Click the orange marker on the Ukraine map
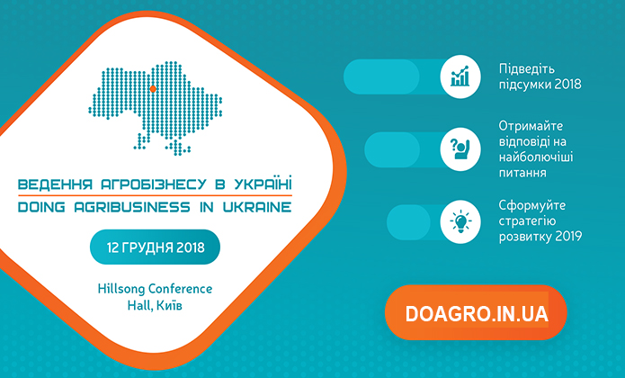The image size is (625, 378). tap(152, 88)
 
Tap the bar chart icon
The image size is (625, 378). tap(460, 76)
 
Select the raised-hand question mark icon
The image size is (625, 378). tap(460, 149)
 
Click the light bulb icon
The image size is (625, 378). tap(460, 221)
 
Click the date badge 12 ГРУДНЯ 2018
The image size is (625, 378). tap(155, 247)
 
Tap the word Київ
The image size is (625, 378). tap(169, 306)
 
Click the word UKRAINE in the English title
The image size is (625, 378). tap(257, 207)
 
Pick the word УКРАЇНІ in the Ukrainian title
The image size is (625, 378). tap(263, 184)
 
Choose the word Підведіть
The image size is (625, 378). tap(527, 69)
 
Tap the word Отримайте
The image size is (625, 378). tap(531, 126)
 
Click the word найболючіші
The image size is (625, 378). tap(536, 157)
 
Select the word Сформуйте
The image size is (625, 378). tap(531, 206)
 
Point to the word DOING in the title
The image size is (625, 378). tap(41, 207)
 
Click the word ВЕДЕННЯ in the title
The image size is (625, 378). tap(56, 184)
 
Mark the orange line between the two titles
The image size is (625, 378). tap(155, 196)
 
